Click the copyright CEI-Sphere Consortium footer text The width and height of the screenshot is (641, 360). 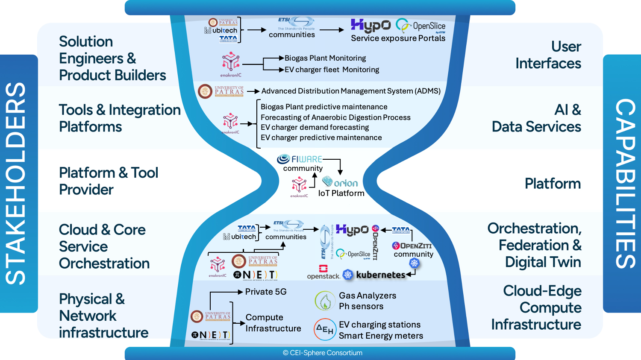322,353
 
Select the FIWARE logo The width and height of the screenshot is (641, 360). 300,159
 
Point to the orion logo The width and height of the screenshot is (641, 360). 340,182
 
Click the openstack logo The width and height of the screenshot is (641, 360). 323,272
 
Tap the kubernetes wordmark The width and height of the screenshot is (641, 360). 380,275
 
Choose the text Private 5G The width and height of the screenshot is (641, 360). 265,292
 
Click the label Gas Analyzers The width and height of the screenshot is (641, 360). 368,296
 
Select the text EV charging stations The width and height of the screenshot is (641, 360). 379,325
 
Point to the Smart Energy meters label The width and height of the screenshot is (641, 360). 381,336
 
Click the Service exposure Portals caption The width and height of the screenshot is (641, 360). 398,38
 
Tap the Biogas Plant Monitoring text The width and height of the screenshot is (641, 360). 325,58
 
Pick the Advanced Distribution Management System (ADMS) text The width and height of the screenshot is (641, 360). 351,91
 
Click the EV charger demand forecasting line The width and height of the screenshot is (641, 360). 315,127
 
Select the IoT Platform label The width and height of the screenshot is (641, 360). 341,193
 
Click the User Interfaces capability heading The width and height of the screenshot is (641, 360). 548,55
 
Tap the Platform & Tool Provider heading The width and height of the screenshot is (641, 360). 109,181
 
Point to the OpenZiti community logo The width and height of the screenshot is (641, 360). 412,246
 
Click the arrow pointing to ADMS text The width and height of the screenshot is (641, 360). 253,91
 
